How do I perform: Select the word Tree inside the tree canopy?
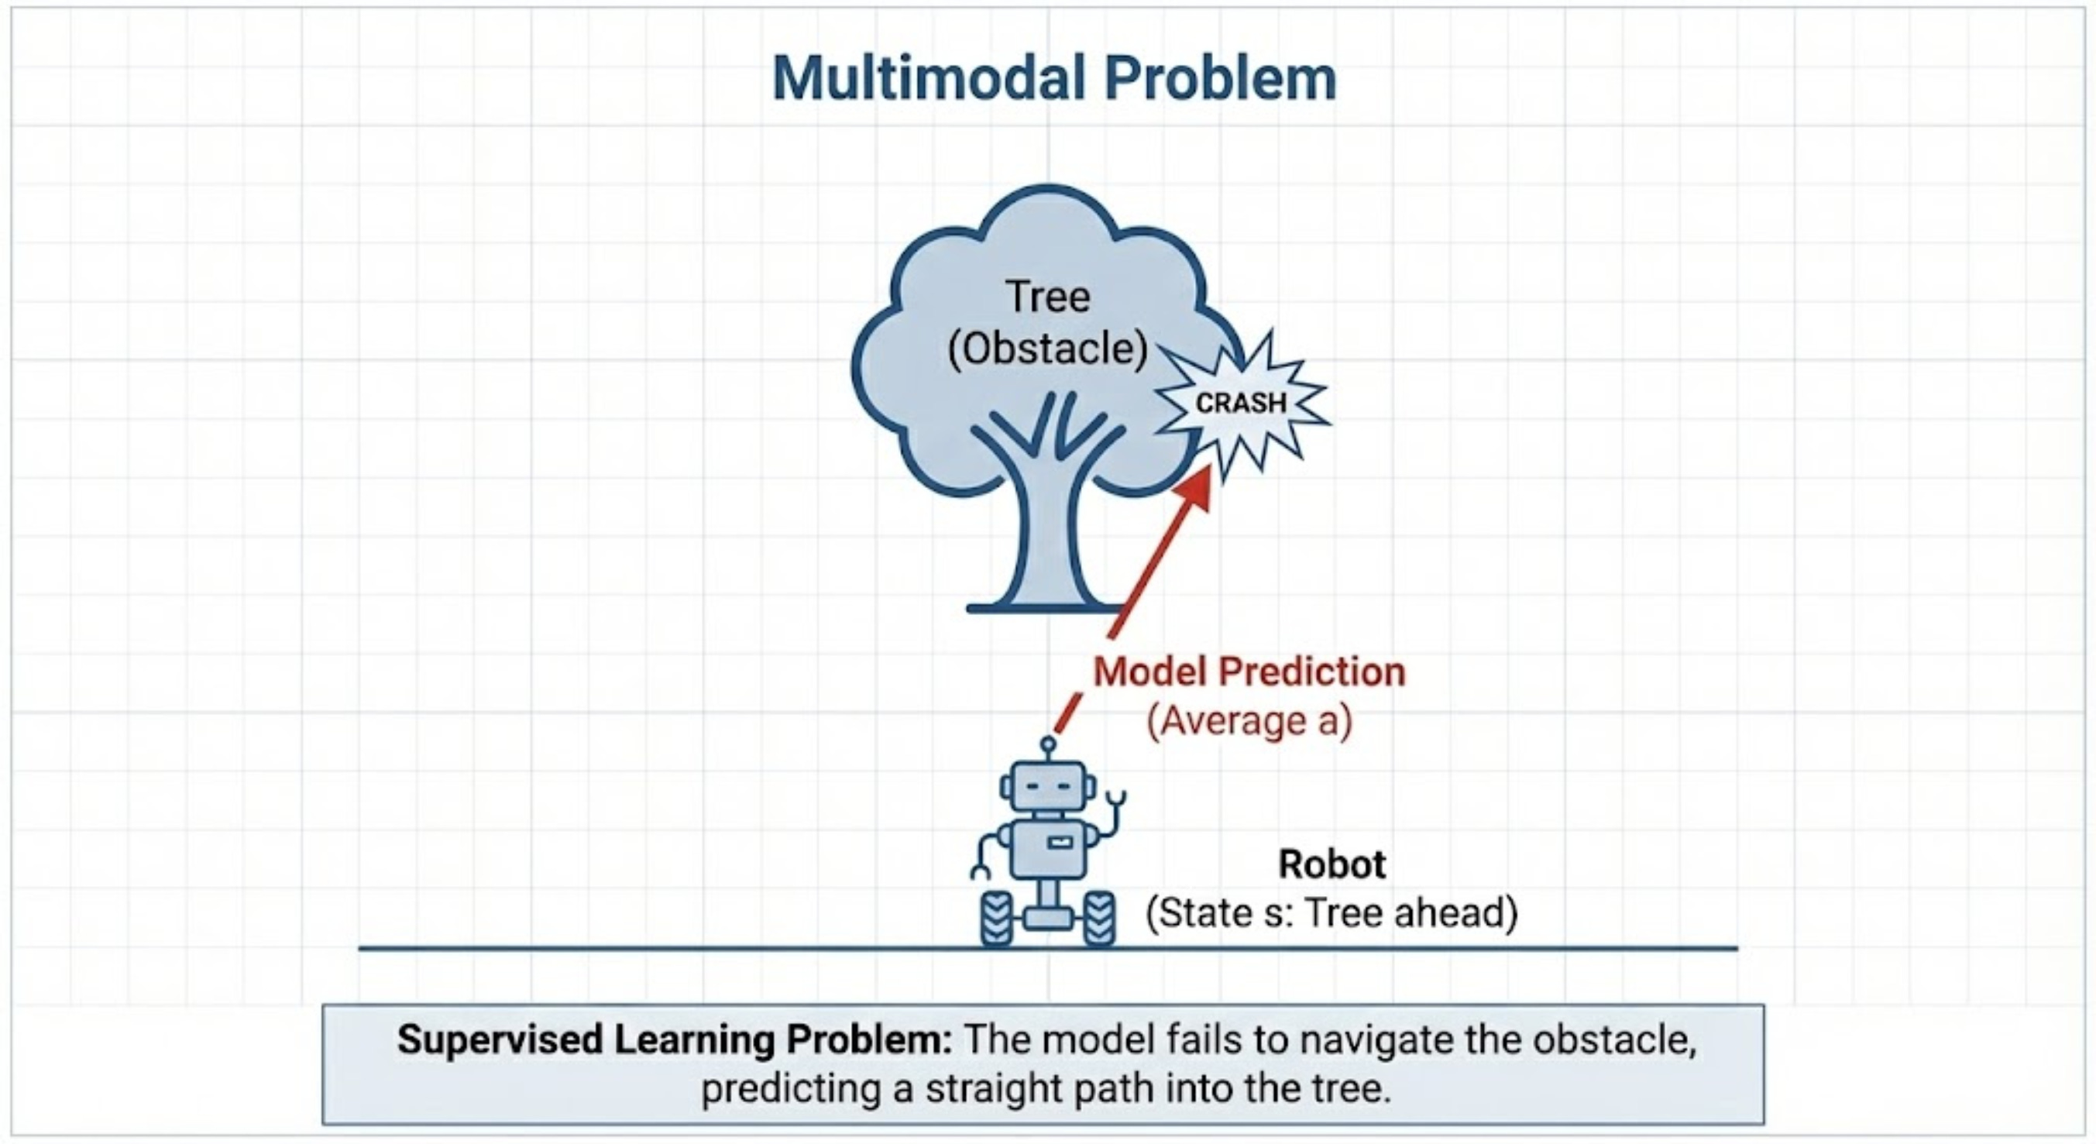coord(1047,296)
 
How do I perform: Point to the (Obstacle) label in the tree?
coord(1048,349)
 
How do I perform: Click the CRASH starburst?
coord(1241,403)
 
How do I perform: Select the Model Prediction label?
coord(1249,672)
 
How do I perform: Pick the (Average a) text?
coord(1249,721)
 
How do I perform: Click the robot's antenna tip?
coord(1048,743)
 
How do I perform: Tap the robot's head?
coord(1047,786)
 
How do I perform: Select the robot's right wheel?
coord(1098,919)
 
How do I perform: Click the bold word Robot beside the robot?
coord(1332,864)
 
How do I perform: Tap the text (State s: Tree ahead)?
coord(1332,913)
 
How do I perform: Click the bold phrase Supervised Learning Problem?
coord(674,1040)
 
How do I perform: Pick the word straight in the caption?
coord(986,1089)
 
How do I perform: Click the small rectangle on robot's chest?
coord(1058,843)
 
